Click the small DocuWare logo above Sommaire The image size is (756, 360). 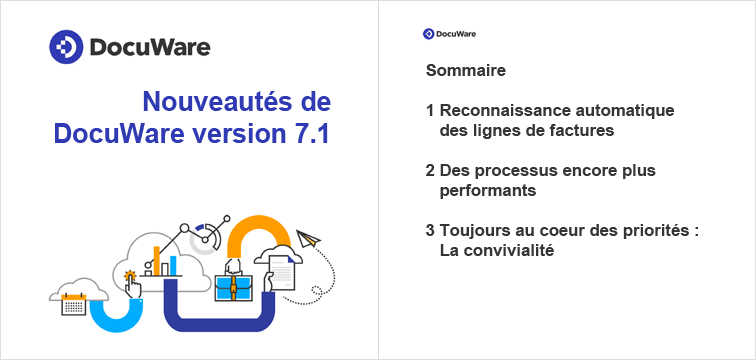428,34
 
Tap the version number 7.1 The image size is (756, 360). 309,134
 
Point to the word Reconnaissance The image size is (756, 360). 497,110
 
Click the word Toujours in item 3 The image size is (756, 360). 472,231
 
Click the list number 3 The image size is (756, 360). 429,231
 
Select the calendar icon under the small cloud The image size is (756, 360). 74,304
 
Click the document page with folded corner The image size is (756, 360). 284,271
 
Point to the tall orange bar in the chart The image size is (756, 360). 157,259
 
